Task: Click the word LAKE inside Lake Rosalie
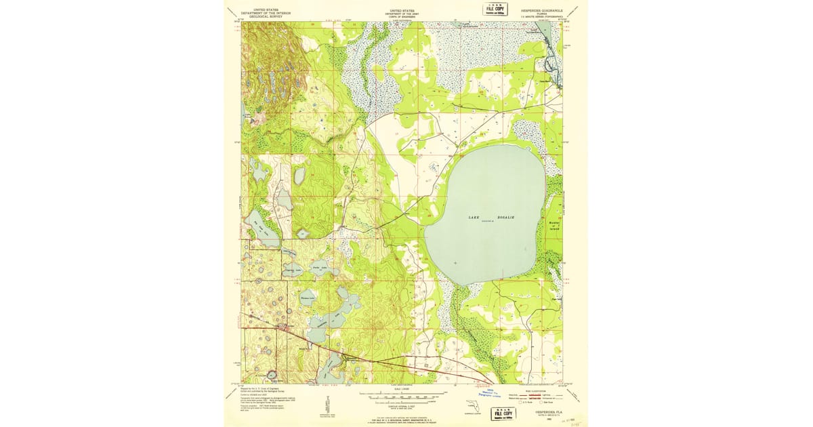pyautogui.click(x=474, y=217)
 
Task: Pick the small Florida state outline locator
pyautogui.click(x=469, y=407)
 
